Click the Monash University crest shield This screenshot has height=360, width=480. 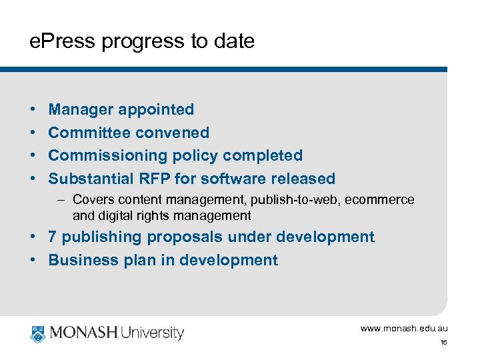[37, 332]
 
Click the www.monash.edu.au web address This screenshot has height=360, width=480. [404, 329]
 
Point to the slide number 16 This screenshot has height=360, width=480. [443, 343]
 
